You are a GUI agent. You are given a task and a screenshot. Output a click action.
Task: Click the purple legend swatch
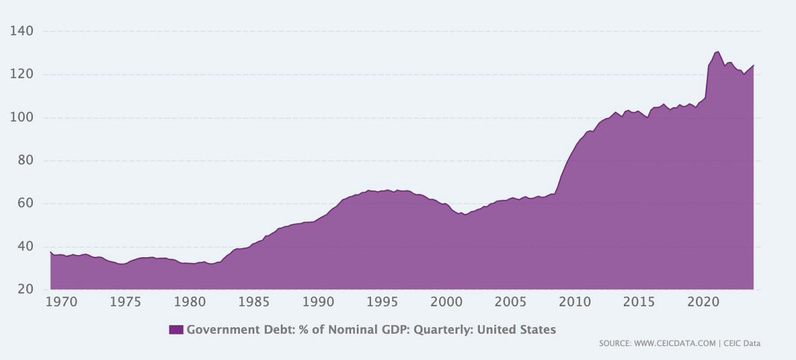[x=176, y=329]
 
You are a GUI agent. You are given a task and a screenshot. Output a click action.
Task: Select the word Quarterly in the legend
[x=441, y=329]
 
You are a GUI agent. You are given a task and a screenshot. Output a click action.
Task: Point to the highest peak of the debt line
[x=717, y=51]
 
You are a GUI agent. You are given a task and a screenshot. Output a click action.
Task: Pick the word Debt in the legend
[x=265, y=329]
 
